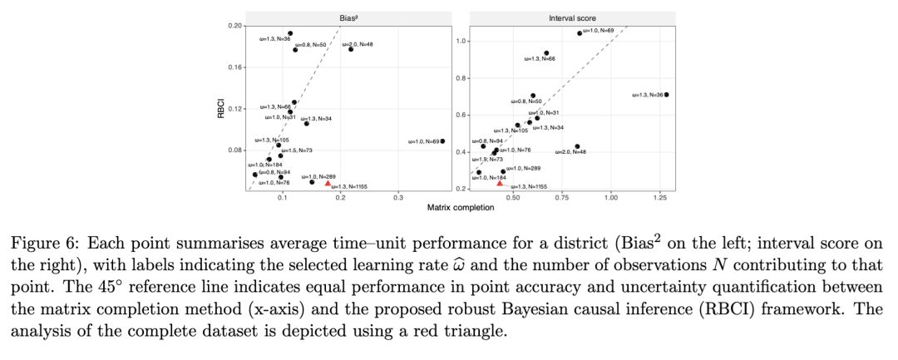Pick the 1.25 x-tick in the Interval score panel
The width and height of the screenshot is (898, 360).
[x=663, y=199]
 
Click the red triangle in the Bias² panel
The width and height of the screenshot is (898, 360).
[x=328, y=183]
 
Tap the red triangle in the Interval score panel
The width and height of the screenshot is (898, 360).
[x=500, y=183]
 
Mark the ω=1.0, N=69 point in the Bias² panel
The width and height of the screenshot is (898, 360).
[x=442, y=141]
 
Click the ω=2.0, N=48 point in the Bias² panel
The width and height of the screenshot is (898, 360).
[x=351, y=49]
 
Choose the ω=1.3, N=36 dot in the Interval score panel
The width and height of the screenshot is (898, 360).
[x=666, y=95]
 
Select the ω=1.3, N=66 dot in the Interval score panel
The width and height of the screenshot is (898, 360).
[x=546, y=53]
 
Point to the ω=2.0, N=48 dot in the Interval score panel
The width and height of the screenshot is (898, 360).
[x=577, y=146]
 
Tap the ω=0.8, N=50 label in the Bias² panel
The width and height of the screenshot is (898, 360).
[x=309, y=44]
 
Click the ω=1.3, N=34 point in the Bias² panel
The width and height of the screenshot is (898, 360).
[x=307, y=123]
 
